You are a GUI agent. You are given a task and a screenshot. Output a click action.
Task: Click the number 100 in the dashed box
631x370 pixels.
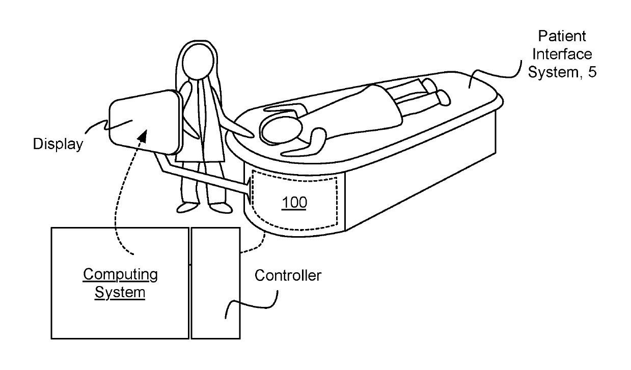tap(295, 203)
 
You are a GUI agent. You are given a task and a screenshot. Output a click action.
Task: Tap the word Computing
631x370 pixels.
tap(120, 275)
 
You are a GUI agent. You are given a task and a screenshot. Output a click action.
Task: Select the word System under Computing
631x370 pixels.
tap(120, 293)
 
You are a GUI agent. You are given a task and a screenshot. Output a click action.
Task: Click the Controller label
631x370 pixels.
tap(288, 276)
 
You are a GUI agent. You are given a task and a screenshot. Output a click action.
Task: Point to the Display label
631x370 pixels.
tap(58, 144)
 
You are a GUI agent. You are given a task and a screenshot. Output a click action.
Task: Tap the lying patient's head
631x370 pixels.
tap(280, 129)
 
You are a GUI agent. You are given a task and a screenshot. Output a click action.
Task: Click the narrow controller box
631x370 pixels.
tap(215, 282)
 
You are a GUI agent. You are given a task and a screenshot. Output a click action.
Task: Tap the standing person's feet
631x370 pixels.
tap(204, 208)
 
